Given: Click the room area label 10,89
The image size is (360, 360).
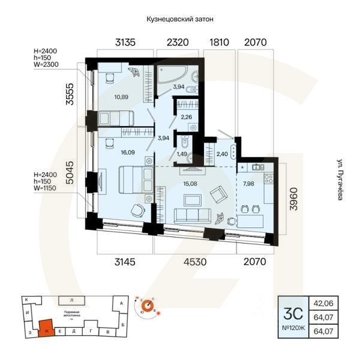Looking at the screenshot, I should click(122, 97).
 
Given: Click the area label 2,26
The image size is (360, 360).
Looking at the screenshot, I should click(186, 118).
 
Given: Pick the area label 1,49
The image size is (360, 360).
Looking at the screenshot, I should click(182, 154).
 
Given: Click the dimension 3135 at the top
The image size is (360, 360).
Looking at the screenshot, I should click(127, 42).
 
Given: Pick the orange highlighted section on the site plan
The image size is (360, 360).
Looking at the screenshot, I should click(45, 328).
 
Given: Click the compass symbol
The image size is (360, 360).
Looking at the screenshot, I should click(147, 307).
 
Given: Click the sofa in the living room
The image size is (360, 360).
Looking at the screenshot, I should click(190, 215).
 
